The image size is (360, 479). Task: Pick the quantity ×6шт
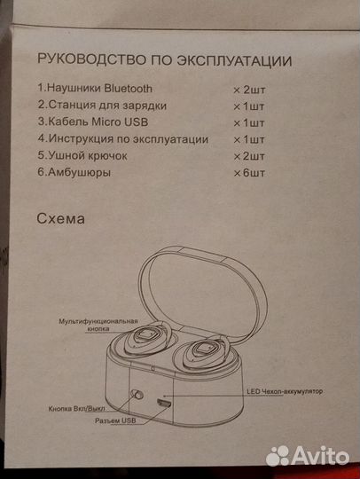coord(251,173)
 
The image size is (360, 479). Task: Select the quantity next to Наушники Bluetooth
coord(249,89)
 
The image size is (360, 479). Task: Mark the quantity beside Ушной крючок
coord(250,156)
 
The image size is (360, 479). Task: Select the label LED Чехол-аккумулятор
coord(283,391)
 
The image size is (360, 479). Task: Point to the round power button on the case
coord(138,396)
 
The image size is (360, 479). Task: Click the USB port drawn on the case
coord(164,403)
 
